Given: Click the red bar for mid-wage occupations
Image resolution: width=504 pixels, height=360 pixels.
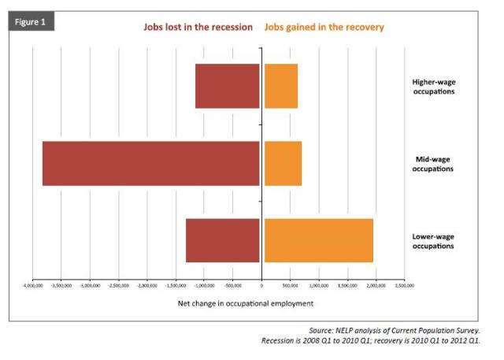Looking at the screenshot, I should (150, 164).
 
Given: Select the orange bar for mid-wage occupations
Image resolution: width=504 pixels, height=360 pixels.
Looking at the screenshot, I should (283, 164).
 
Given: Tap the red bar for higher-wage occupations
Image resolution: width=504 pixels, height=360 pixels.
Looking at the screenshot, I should (227, 86).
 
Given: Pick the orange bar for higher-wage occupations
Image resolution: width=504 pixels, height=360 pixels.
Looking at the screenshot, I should (280, 86).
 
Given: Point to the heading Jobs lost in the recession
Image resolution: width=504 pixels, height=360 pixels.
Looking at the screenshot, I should (198, 27).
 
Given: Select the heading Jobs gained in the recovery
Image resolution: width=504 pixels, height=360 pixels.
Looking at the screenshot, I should (324, 27).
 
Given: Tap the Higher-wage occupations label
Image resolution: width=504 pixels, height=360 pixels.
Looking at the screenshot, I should (433, 86).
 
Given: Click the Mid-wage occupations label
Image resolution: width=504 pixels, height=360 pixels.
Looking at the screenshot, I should (433, 164).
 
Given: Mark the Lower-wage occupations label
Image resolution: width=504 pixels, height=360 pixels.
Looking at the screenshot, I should (433, 240).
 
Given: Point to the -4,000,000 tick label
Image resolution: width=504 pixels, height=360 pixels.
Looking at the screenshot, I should (34, 284).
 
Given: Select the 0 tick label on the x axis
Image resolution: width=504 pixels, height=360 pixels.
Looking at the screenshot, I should (262, 284).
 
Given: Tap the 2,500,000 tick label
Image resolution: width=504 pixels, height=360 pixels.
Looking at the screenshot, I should (404, 284).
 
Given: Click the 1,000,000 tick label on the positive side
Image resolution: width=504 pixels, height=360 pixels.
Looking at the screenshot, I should (319, 284).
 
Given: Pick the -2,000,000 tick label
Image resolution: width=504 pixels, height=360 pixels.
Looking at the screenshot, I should (148, 284).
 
